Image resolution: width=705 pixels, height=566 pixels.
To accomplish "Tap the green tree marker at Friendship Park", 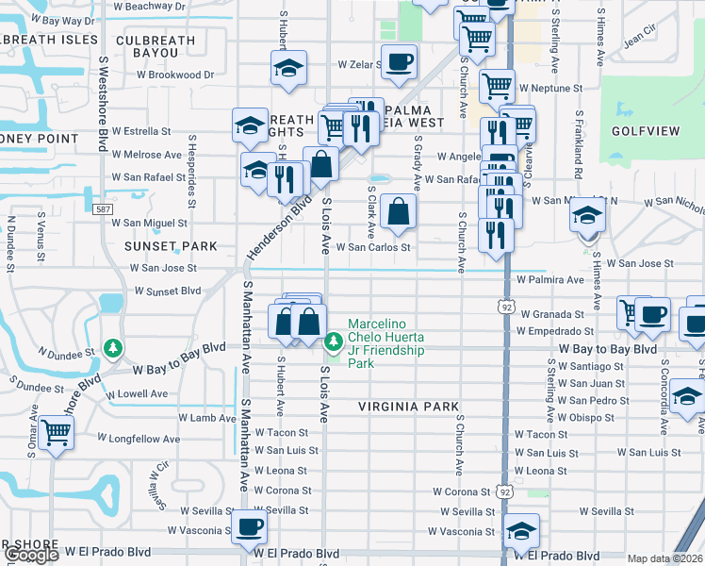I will coord(332,342).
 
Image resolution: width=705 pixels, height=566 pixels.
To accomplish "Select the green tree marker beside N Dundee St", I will coord(114,349).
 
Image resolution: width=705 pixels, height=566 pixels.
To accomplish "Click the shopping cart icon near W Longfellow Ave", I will coord(56,433).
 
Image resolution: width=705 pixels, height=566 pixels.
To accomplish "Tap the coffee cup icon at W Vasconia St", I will coord(249,525).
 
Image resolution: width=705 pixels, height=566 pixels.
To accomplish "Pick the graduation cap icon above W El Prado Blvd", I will coord(521,531).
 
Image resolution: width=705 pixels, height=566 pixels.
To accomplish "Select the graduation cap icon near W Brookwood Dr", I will coord(288,67).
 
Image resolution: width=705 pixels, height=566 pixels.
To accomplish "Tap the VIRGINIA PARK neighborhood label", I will coord(407,407).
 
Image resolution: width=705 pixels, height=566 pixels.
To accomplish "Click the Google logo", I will coord(31,555).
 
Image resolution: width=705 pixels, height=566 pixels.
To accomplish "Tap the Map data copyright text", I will coord(665,558).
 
